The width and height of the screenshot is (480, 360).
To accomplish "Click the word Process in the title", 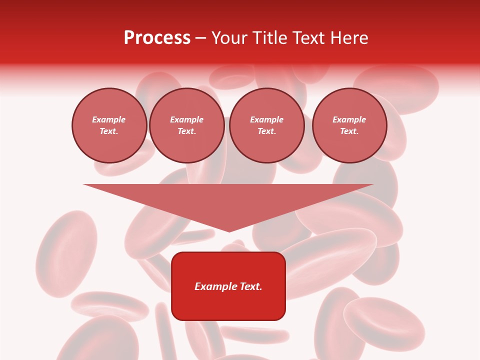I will tap(157, 38).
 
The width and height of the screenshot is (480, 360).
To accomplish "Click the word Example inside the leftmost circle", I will tap(109, 119).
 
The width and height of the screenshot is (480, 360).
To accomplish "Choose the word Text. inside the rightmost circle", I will tap(349, 131).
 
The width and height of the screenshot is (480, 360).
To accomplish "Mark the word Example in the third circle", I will tap(266, 119).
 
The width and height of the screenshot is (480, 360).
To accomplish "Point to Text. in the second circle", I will tap(186, 131).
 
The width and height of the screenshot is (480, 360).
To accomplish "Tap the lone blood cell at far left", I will tap(66, 253).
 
